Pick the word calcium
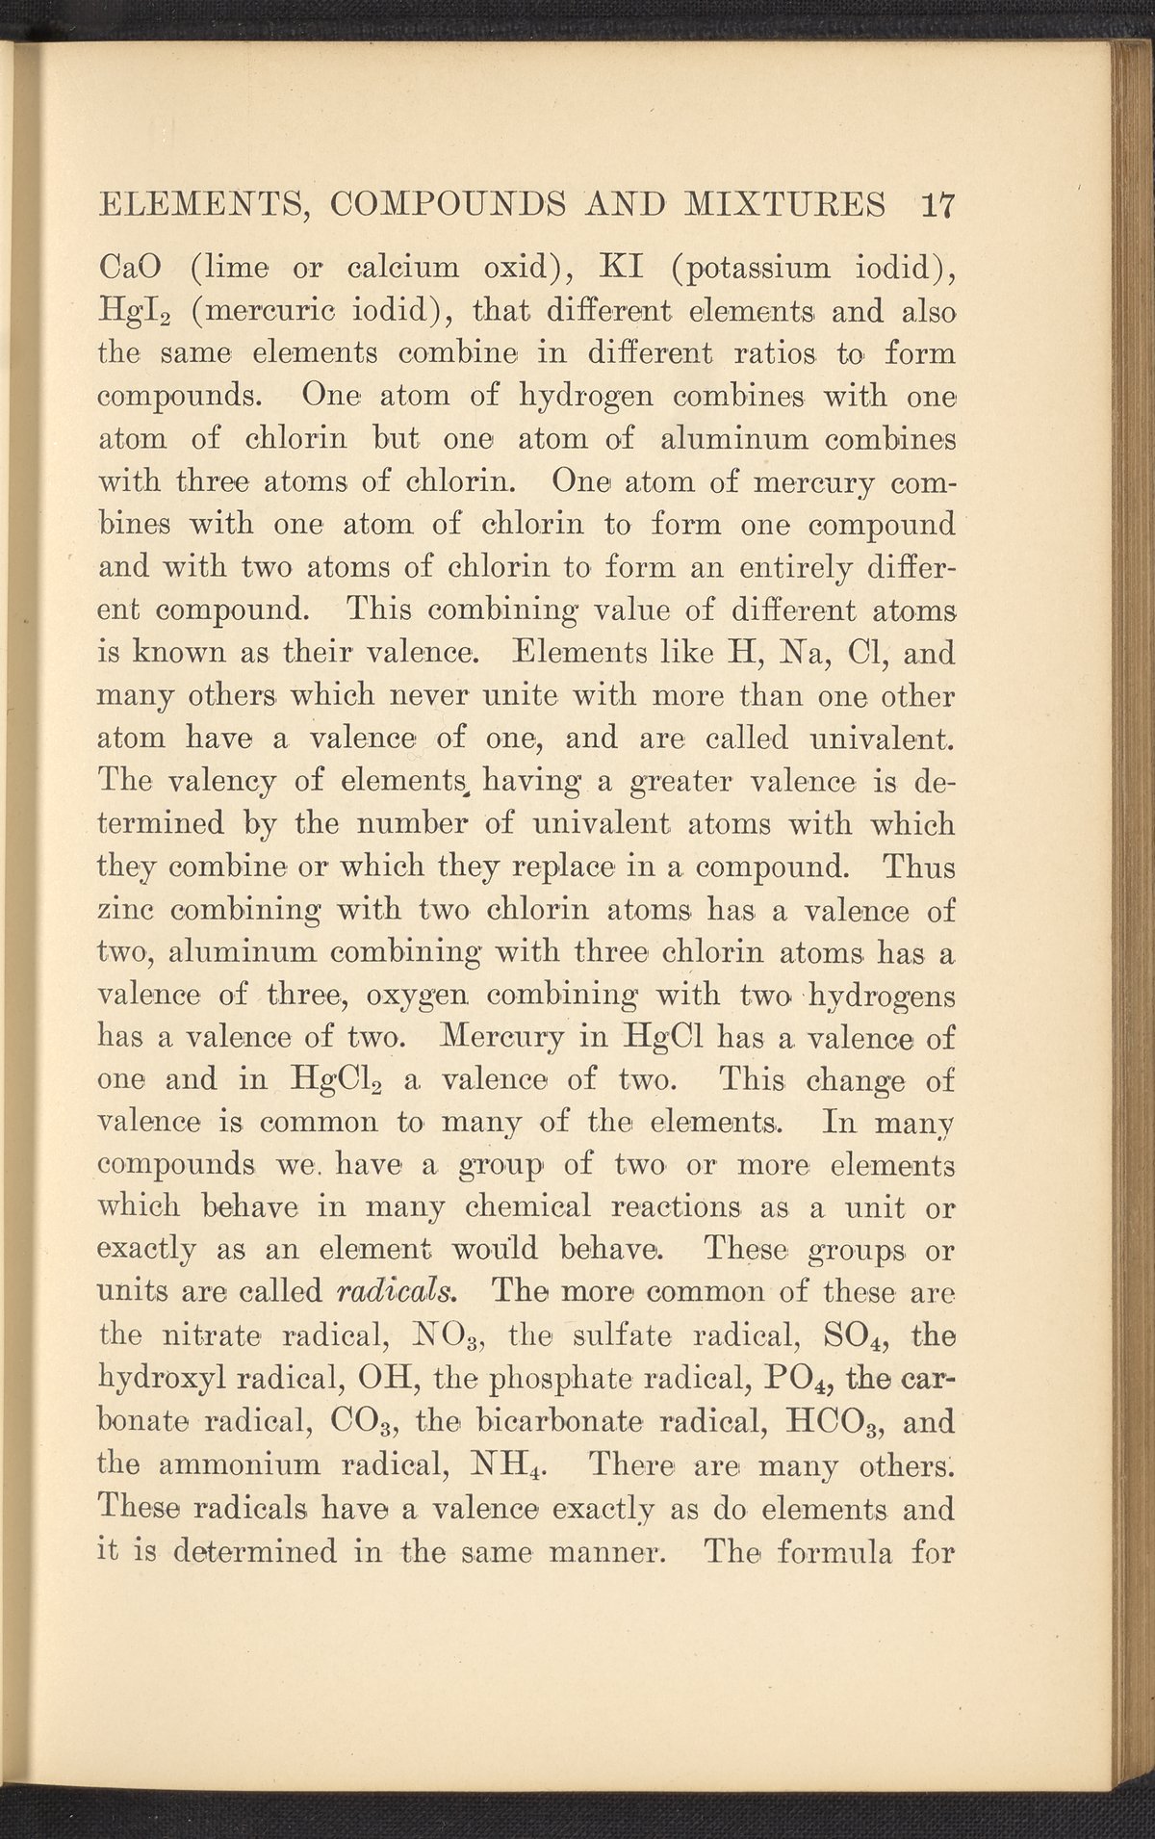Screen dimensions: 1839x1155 coord(435,269)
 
